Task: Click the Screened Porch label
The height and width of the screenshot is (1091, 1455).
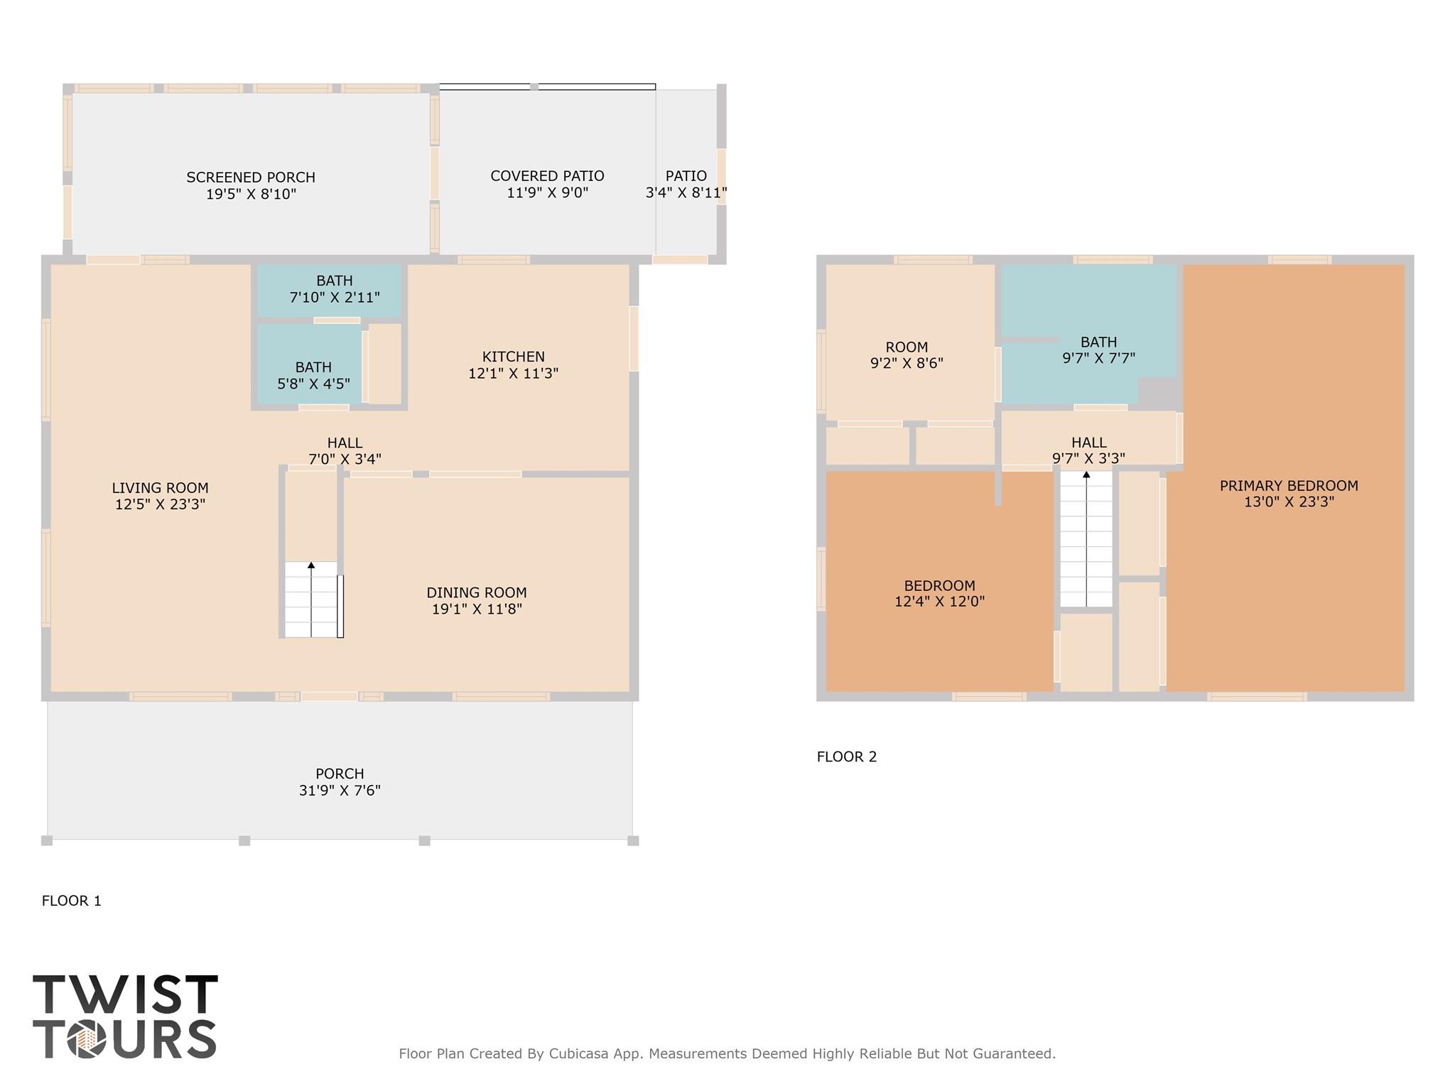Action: coord(250,178)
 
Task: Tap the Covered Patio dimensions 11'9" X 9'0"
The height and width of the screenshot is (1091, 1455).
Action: coord(547,192)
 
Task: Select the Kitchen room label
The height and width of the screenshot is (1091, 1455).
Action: coord(513,357)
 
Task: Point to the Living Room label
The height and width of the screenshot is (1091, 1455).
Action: coord(160,488)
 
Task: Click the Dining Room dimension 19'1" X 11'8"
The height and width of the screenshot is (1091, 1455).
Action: coord(477,609)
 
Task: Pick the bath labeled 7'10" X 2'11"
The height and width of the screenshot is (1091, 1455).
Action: coord(334,289)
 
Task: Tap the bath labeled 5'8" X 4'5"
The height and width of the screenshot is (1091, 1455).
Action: coord(313,376)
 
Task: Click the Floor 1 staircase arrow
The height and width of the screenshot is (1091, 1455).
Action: coord(311,566)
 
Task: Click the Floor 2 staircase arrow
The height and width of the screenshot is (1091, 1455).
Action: coord(1086,475)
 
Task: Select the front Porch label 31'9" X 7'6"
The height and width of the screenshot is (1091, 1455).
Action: coord(340,782)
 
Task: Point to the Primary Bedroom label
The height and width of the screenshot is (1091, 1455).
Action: coord(1289,486)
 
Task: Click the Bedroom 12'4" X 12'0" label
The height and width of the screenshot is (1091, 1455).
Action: coord(939,594)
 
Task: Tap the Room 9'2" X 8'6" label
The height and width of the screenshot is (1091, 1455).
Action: coord(907,355)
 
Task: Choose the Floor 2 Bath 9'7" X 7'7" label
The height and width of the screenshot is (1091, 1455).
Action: coord(1098,350)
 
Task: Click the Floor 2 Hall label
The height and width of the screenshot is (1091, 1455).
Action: coord(1088,443)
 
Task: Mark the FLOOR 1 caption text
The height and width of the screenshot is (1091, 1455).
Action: coord(72,901)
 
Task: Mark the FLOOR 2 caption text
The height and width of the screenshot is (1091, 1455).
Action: coord(847,756)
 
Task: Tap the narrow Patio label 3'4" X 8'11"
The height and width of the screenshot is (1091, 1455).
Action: coord(686,184)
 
